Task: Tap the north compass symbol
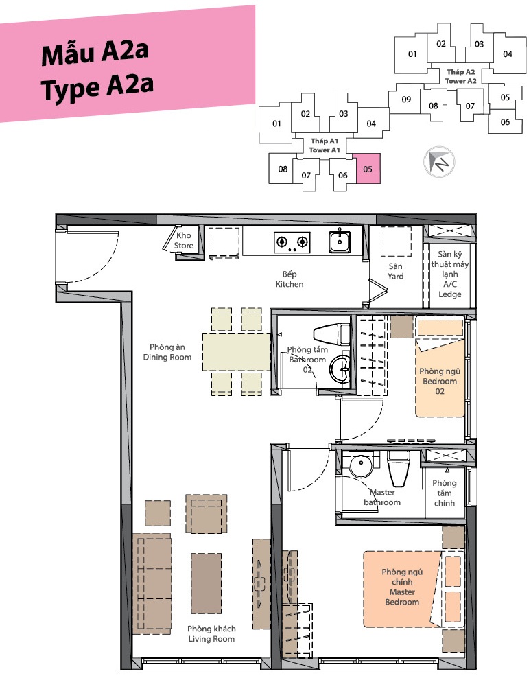tap(439, 162)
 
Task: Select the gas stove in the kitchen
tap(292, 242)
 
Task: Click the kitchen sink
tap(340, 242)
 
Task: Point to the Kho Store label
tap(184, 240)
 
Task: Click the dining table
tap(237, 351)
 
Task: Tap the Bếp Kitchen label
tap(290, 279)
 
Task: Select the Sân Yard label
tap(395, 271)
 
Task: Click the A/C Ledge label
tap(450, 290)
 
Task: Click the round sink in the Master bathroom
tap(360, 466)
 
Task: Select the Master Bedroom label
tap(402, 587)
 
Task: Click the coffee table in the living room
tap(206, 583)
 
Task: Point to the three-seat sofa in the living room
tap(152, 583)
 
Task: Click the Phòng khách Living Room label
tap(211, 633)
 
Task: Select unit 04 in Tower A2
tap(508, 54)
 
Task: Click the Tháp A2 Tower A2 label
tap(461, 77)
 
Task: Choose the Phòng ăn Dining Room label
tap(167, 352)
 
